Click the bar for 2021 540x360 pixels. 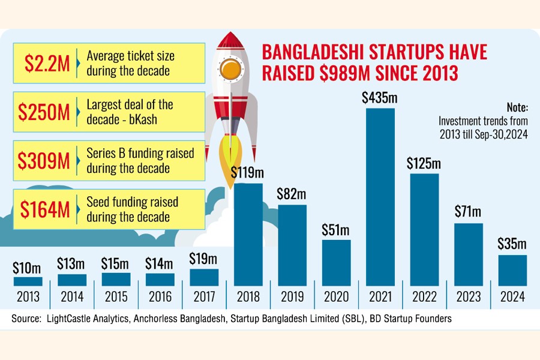click(380, 197)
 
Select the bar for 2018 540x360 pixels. click(248, 234)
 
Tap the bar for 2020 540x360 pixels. click(336, 262)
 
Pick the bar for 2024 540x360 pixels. click(512, 270)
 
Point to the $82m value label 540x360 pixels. click(292, 194)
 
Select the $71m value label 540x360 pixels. click(468, 212)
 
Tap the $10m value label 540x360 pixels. click(28, 267)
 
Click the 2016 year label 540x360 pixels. click(160, 297)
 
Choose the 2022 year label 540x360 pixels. click(424, 297)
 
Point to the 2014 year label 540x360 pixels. click(71, 297)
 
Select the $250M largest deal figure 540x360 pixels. click(43, 112)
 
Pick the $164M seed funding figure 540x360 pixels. click(43, 209)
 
